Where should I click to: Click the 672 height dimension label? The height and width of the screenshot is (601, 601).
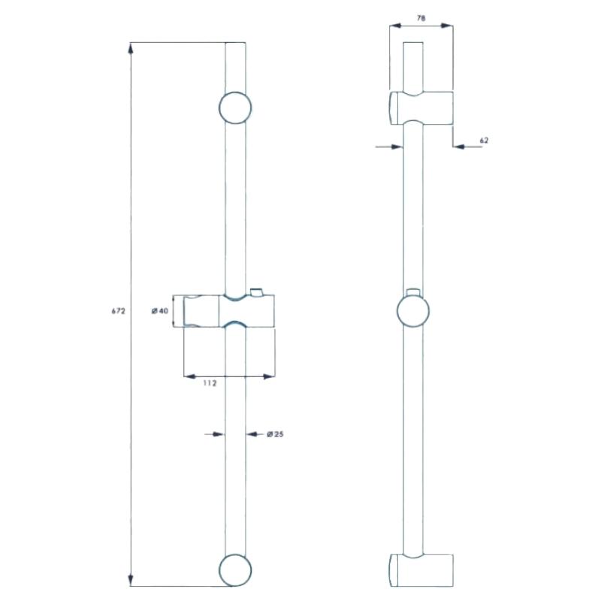pyautogui.click(x=119, y=311)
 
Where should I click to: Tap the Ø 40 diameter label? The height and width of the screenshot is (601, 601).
pyautogui.click(x=160, y=311)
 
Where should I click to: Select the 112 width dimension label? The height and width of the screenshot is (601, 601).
pyautogui.click(x=210, y=383)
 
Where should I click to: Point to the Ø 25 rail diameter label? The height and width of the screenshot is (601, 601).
pyautogui.click(x=275, y=434)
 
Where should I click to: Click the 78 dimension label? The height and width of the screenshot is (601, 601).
pyautogui.click(x=421, y=18)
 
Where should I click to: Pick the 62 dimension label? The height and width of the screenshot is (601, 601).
pyautogui.click(x=484, y=140)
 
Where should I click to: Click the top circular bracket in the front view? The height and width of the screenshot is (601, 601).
pyautogui.click(x=235, y=107)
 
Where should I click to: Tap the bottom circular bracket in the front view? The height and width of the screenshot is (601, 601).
pyautogui.click(x=235, y=570)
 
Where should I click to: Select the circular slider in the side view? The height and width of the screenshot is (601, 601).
pyautogui.click(x=413, y=310)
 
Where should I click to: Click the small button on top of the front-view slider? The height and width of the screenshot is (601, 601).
pyautogui.click(x=256, y=291)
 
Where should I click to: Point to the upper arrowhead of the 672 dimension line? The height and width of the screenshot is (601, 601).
pyautogui.click(x=131, y=49)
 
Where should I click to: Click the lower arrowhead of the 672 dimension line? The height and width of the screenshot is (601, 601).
pyautogui.click(x=131, y=579)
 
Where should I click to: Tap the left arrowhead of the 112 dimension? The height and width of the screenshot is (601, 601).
pyautogui.click(x=191, y=376)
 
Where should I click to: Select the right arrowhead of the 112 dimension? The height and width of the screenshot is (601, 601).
pyautogui.click(x=268, y=376)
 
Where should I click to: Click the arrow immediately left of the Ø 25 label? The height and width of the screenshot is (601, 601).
pyautogui.click(x=253, y=434)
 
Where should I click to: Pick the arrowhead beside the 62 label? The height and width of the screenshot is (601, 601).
pyautogui.click(x=459, y=146)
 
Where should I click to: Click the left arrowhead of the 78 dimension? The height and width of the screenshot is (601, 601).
pyautogui.click(x=396, y=26)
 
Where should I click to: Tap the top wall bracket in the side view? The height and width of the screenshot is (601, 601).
pyautogui.click(x=421, y=108)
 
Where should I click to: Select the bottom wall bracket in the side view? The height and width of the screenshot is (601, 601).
pyautogui.click(x=421, y=570)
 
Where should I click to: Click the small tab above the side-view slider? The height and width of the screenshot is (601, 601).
pyautogui.click(x=413, y=291)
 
